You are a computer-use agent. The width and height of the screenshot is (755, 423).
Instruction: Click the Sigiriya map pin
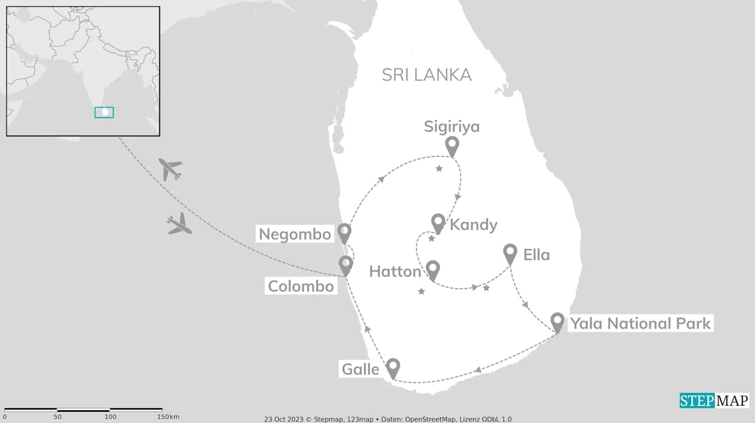452,145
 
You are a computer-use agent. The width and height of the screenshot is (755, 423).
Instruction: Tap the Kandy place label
473,225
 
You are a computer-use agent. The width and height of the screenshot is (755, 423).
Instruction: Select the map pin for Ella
510,253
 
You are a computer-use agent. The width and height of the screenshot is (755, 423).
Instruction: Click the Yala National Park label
639,323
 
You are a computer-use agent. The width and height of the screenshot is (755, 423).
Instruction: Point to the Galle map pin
392,367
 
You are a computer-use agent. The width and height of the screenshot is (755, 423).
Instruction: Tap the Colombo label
301,287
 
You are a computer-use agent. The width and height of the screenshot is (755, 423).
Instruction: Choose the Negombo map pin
344,232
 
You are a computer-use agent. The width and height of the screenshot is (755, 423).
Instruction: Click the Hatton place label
395,271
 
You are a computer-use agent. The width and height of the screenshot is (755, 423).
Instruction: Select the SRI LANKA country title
426,75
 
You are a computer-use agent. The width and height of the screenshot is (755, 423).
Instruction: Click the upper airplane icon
170,169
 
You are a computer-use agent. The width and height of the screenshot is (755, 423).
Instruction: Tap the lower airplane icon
179,224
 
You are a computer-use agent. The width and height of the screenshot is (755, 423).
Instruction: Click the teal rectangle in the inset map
104,112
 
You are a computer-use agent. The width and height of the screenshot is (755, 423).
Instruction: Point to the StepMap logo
714,401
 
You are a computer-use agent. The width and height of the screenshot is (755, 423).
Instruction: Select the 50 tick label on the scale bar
57,417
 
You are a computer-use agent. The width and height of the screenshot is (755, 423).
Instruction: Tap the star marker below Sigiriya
439,169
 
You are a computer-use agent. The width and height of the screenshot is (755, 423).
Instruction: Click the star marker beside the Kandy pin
431,238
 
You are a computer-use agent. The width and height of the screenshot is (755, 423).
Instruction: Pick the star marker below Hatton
421,291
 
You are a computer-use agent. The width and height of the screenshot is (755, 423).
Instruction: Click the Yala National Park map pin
557,322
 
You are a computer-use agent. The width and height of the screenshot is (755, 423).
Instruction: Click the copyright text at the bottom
388,419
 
